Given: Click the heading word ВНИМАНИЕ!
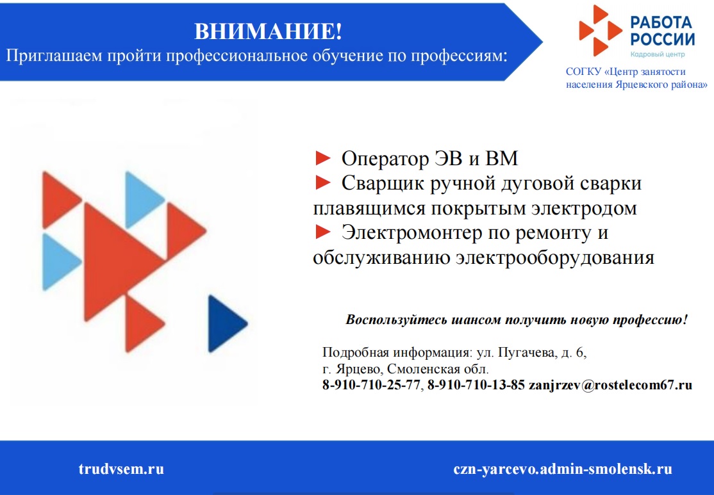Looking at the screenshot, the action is [x=268, y=31].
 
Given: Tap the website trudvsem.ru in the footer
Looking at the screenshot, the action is [x=121, y=469].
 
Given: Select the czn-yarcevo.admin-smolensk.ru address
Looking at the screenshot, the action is [x=562, y=469].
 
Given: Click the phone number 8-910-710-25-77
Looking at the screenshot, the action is [x=371, y=385].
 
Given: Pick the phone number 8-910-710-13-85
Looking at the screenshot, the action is [x=476, y=385].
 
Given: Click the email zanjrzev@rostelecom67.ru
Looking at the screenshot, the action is [x=610, y=385].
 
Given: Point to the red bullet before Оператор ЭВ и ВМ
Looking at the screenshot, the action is [x=323, y=158].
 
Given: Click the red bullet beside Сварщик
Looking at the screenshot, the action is [x=323, y=183].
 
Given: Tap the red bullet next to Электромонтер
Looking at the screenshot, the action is [x=323, y=232].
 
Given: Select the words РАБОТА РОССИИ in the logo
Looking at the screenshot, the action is [x=663, y=31].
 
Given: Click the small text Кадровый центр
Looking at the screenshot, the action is [x=658, y=54].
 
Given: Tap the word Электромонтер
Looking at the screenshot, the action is [x=411, y=232].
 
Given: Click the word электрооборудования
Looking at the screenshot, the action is [x=555, y=257].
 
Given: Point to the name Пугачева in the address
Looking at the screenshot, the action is [x=527, y=353].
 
